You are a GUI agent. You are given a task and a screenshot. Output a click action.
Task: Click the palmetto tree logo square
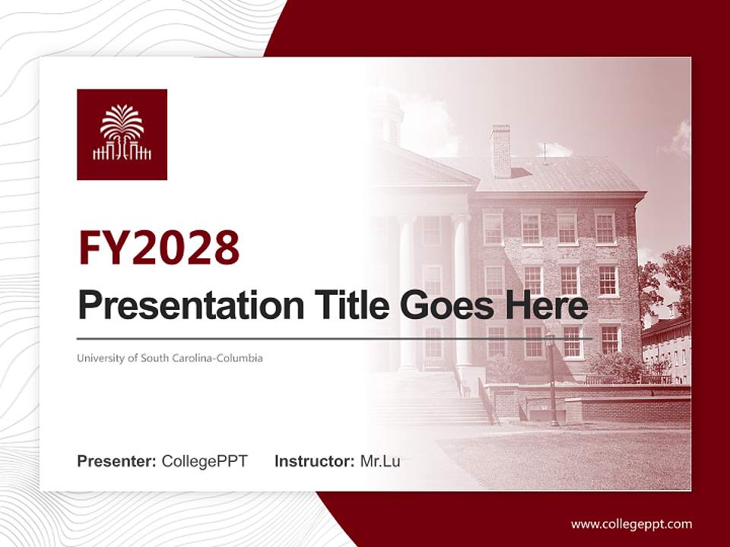122,134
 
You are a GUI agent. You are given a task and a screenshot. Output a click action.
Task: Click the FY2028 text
158,248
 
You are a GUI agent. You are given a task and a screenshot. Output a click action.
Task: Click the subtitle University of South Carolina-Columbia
170,358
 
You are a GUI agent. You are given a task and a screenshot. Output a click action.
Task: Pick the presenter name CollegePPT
205,461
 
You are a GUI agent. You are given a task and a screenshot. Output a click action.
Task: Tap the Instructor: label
314,461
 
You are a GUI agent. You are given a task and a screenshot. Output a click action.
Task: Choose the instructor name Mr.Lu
379,461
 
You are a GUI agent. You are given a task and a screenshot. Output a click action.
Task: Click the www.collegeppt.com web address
631,524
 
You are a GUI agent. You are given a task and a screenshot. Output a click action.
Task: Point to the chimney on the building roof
501,151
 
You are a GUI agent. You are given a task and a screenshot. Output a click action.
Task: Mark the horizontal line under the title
335,338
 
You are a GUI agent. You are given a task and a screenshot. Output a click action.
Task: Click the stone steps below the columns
433,399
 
